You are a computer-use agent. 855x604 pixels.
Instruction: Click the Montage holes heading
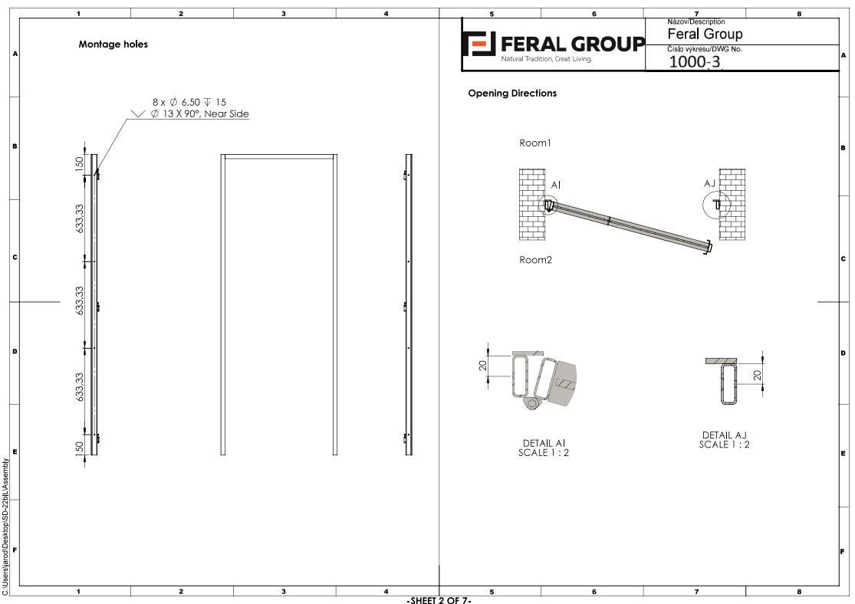pyautogui.click(x=113, y=44)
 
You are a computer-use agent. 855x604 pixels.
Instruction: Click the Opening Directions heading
pyautogui.click(x=512, y=94)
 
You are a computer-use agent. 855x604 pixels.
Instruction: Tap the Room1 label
pyautogui.click(x=535, y=143)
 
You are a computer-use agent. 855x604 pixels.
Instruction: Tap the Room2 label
pyautogui.click(x=535, y=260)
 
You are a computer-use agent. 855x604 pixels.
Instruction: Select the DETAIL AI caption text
pyautogui.click(x=544, y=443)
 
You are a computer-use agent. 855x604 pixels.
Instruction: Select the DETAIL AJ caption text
pyautogui.click(x=724, y=435)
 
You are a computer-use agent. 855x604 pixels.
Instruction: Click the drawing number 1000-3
pyautogui.click(x=694, y=61)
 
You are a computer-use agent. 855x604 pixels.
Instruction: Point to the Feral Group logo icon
pyautogui.click(x=478, y=44)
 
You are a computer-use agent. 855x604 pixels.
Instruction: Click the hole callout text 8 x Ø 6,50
pyautogui.click(x=176, y=102)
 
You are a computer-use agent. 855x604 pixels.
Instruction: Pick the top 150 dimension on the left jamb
pyautogui.click(x=80, y=163)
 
